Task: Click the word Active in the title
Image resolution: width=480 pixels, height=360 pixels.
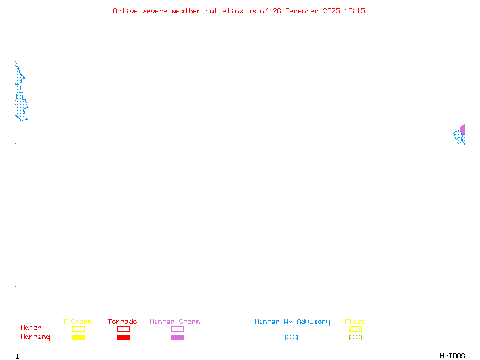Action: [x=125, y=11]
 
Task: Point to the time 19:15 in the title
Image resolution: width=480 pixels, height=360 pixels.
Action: [x=355, y=11]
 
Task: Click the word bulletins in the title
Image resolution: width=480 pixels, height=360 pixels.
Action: [x=225, y=11]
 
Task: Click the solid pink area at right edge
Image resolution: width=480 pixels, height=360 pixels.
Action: [x=463, y=129]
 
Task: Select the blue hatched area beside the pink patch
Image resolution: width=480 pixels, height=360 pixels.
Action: [x=459, y=137]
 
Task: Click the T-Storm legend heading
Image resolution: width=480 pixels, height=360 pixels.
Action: [x=77, y=322]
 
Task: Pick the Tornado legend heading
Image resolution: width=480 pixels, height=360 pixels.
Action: [x=122, y=322]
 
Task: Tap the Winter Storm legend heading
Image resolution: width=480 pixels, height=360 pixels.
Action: [x=175, y=322]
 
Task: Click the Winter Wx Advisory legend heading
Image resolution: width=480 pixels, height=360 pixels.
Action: [x=292, y=322]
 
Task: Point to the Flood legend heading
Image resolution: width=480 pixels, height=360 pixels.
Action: [x=355, y=322]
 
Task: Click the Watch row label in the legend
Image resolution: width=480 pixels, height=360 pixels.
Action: [x=31, y=328]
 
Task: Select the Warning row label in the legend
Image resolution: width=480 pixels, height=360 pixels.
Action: [x=35, y=337]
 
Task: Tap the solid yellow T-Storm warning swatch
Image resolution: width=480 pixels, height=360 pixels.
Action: [x=78, y=338]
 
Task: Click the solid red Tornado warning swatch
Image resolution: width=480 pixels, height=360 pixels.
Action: [x=123, y=338]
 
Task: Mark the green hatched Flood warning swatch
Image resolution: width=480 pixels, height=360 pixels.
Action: [x=355, y=338]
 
